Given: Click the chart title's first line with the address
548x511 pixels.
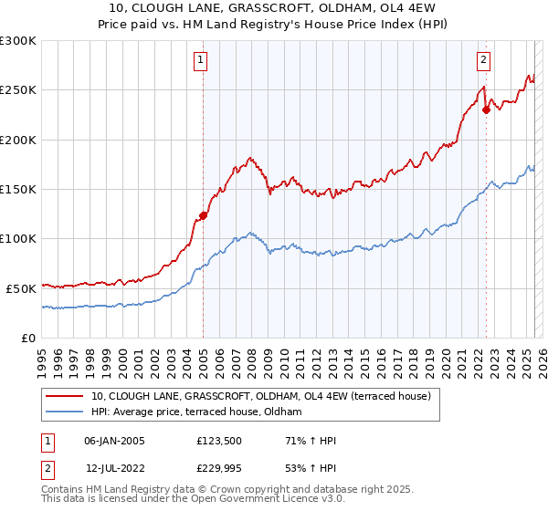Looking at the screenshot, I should pyautogui.click(x=274, y=8).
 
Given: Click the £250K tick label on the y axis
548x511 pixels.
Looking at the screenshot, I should pyautogui.click(x=18, y=90).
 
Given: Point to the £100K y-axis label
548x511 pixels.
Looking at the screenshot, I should pyautogui.click(x=18, y=238).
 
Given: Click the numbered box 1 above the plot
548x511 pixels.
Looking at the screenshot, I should pyautogui.click(x=200, y=61).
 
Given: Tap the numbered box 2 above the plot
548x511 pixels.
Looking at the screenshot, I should pyautogui.click(x=482, y=61).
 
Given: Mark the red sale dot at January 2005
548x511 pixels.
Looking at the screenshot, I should pyautogui.click(x=204, y=216).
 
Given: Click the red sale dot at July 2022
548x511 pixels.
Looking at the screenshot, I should pyautogui.click(x=486, y=110).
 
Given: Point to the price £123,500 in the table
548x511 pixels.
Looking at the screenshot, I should pyautogui.click(x=217, y=441).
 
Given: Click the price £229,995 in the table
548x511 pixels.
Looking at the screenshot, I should pyautogui.click(x=217, y=468).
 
